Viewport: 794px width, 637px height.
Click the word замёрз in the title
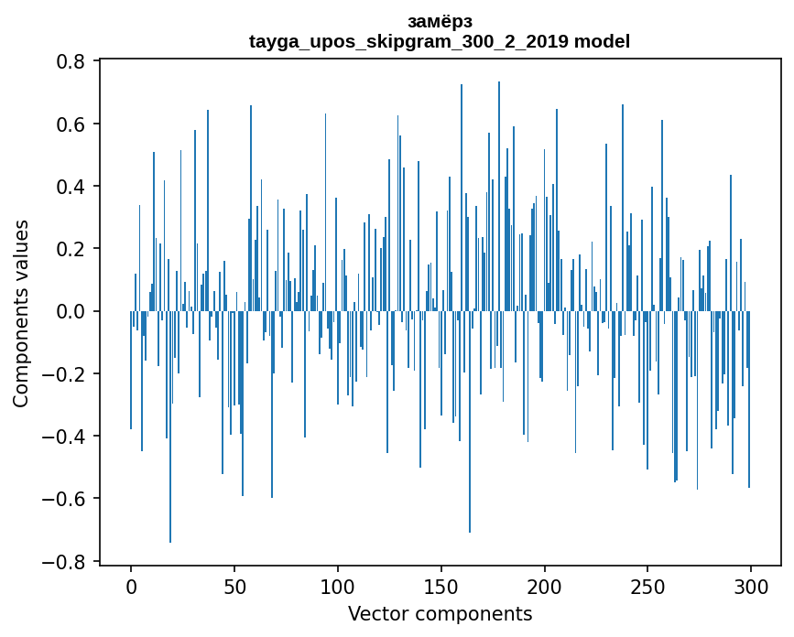(x=440, y=21)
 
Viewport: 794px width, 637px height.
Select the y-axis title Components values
(x=21, y=313)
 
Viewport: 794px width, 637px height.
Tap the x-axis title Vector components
(x=440, y=613)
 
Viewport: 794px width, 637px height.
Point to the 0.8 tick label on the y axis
(x=71, y=61)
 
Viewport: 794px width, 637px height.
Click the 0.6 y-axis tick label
(x=71, y=124)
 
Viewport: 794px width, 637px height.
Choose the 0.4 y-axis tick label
(x=71, y=187)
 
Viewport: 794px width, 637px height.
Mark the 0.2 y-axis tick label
(x=71, y=249)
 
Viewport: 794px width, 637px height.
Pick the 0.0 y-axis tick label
(x=71, y=311)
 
